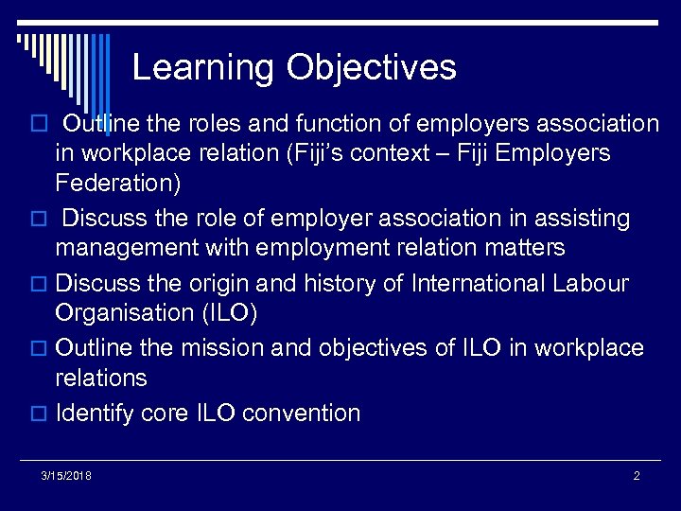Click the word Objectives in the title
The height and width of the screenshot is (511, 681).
click(x=372, y=68)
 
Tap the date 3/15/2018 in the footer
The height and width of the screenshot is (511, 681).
click(x=67, y=475)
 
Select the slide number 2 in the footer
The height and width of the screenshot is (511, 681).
click(x=637, y=475)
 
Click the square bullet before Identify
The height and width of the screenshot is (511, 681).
click(x=42, y=414)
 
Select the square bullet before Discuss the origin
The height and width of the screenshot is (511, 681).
click(x=42, y=284)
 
